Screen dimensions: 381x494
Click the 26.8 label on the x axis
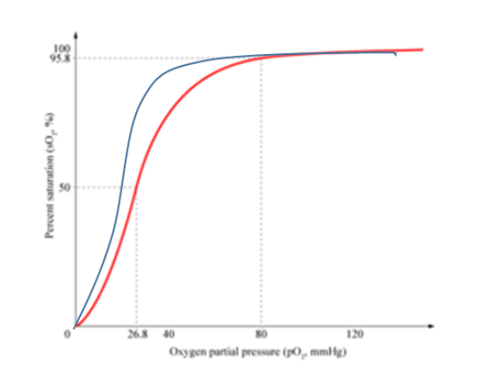point(136,334)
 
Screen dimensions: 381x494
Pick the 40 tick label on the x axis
point(168,334)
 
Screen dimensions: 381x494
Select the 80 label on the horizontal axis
point(261,334)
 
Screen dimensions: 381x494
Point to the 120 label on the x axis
point(355,334)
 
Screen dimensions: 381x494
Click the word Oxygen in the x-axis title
point(187,352)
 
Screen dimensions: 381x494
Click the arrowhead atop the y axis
point(76,36)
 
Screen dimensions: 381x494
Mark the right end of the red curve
point(423,50)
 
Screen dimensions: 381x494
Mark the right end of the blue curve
point(395,55)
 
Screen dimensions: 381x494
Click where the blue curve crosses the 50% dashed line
point(121,187)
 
